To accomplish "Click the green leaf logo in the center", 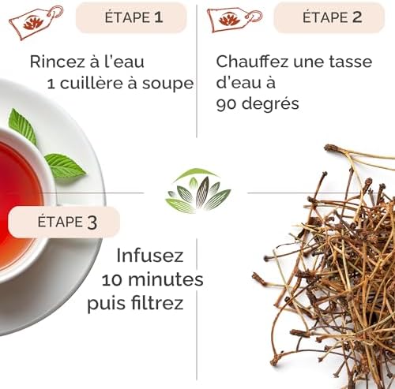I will [x=197, y=193].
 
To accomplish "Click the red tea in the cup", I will [x=16, y=197].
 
